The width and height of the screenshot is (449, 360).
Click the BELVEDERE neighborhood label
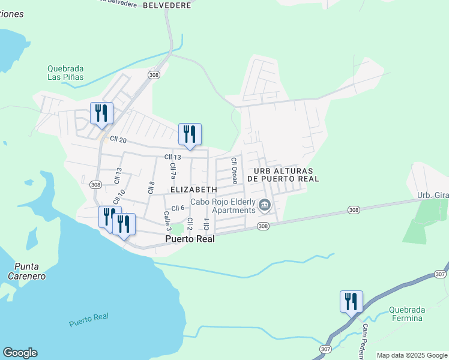[167, 5]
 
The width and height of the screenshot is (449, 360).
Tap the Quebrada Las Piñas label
[65, 73]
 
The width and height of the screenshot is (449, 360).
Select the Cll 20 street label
[118, 139]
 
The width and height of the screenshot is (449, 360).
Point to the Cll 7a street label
[173, 171]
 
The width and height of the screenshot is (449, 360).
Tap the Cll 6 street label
[178, 208]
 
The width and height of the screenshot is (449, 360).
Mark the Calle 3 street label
[168, 221]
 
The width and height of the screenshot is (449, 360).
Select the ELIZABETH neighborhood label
[194, 189]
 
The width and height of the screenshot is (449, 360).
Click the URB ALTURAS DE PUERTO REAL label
[286, 175]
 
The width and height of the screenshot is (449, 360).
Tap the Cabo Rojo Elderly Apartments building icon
[264, 206]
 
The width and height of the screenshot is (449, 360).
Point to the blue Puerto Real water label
[88, 320]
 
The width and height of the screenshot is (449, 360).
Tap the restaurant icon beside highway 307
[351, 301]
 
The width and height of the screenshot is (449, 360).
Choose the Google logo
[20, 353]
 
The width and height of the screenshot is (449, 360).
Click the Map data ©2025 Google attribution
[412, 355]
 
